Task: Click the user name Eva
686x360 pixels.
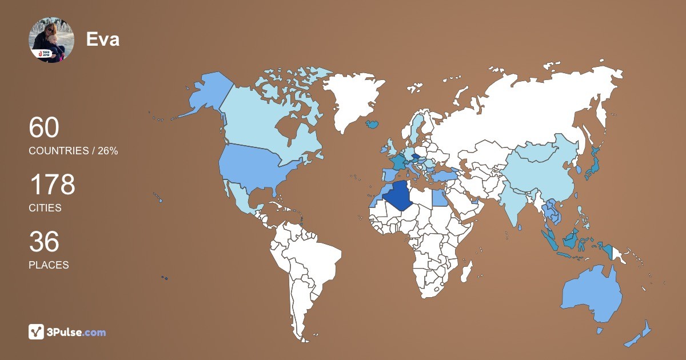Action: point(103,39)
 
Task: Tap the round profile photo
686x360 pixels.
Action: point(51,39)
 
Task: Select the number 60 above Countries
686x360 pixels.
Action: point(44,128)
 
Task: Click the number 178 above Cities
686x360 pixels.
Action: point(52,185)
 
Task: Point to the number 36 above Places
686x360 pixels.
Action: point(44,242)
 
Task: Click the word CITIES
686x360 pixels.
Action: point(45,208)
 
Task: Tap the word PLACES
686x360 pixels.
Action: point(49,265)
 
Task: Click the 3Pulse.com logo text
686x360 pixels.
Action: point(77,332)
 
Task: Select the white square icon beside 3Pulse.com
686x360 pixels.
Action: point(37,332)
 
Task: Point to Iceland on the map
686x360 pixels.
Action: point(372,123)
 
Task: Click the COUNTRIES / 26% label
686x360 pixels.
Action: point(73,151)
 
